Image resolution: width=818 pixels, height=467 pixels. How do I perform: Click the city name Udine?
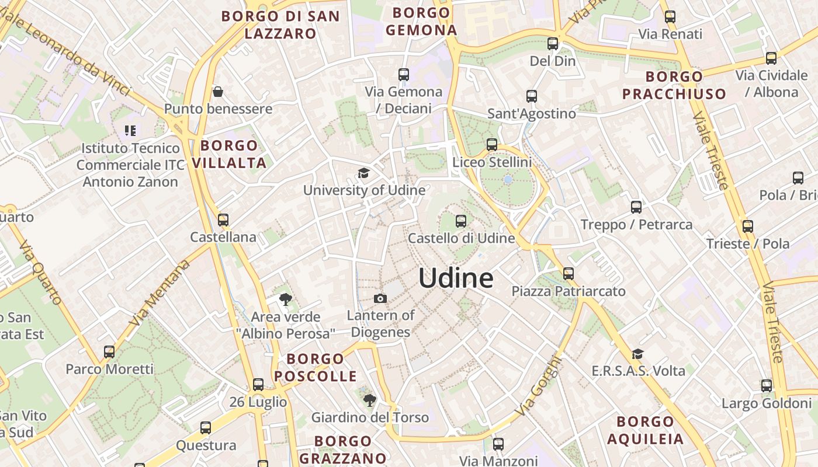tap(456, 278)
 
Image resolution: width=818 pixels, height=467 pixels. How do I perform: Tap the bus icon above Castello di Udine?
tap(461, 221)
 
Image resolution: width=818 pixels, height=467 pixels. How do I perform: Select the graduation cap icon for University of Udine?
tap(364, 173)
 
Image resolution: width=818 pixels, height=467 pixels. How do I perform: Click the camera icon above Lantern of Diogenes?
tap(380, 299)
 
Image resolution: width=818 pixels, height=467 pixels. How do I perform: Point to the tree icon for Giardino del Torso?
tap(369, 400)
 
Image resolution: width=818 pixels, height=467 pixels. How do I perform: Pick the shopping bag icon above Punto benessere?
tap(218, 92)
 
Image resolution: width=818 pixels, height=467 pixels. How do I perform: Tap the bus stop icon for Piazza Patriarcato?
tap(569, 273)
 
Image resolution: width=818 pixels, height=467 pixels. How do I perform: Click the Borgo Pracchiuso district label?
tap(674, 85)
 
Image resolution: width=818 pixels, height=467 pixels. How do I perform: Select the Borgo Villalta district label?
tap(229, 154)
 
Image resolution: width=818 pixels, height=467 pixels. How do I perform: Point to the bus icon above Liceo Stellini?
tap(492, 145)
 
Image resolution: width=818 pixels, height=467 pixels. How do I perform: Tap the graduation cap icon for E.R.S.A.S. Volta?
tap(638, 354)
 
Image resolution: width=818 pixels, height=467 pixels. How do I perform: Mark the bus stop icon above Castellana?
tap(223, 220)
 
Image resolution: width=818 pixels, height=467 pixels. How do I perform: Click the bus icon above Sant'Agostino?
tap(532, 96)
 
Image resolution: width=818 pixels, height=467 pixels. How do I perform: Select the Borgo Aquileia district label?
tap(645, 430)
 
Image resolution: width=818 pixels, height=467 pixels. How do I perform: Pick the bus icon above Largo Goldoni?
tap(767, 386)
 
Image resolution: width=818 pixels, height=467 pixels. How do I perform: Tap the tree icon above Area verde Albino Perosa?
tap(286, 300)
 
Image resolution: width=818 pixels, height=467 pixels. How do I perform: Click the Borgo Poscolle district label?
tap(316, 367)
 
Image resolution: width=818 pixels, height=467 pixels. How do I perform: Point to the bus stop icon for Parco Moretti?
tap(109, 352)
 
